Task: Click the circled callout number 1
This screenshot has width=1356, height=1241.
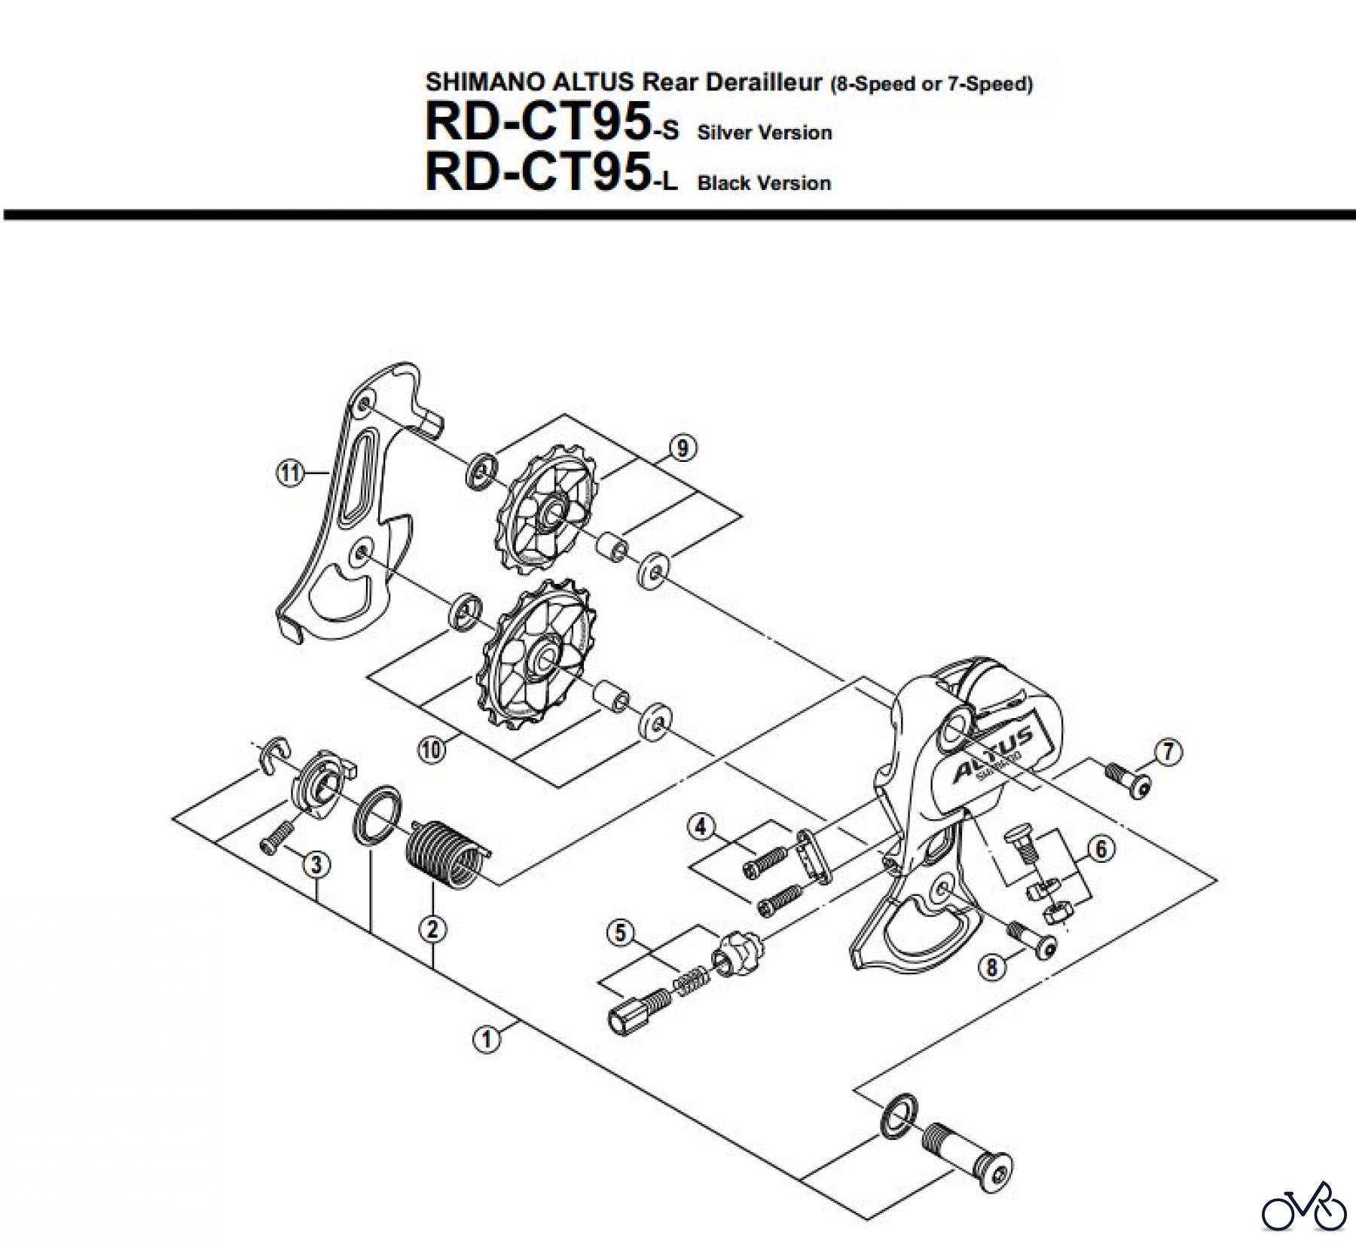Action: pyautogui.click(x=486, y=1040)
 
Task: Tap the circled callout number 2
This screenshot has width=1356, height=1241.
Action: pyautogui.click(x=432, y=929)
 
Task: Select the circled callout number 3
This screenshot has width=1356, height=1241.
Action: pyautogui.click(x=316, y=865)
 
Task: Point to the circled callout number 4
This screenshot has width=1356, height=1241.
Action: pyautogui.click(x=701, y=827)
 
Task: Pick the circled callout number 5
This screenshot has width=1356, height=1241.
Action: pyautogui.click(x=620, y=934)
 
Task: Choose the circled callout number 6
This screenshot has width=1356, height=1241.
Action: pyautogui.click(x=1101, y=849)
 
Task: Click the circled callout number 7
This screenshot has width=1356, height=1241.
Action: pyautogui.click(x=1168, y=751)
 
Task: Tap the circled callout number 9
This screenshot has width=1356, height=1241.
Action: pyautogui.click(x=682, y=448)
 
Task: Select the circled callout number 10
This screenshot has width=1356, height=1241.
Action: pyautogui.click(x=430, y=750)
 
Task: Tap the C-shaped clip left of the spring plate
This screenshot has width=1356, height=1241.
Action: pyautogui.click(x=267, y=752)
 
